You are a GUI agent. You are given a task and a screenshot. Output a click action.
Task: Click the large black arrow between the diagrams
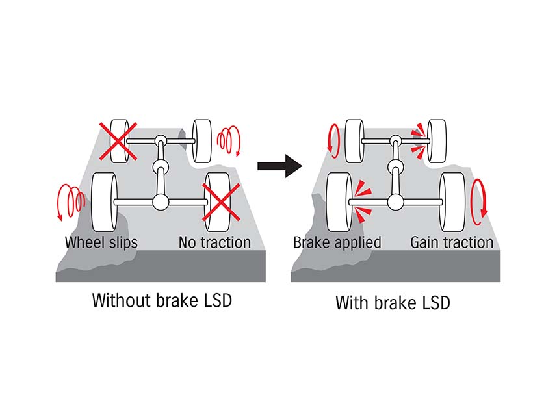click(280, 166)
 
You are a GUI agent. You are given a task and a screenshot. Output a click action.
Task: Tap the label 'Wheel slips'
click(101, 242)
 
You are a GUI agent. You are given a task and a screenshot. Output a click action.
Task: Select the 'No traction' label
click(214, 242)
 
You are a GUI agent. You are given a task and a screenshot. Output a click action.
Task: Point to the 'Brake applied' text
click(337, 242)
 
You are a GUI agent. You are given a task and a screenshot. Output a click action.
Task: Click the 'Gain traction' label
click(452, 242)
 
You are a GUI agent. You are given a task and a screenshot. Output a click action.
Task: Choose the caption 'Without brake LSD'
click(162, 300)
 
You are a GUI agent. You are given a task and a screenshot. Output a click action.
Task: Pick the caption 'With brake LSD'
click(393, 303)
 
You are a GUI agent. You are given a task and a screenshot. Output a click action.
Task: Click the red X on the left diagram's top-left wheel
click(118, 141)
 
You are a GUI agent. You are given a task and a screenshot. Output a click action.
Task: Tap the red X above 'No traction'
click(221, 203)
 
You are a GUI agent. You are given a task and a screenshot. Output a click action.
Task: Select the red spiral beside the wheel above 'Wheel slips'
click(71, 201)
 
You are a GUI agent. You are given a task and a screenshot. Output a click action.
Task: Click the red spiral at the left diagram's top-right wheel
click(229, 140)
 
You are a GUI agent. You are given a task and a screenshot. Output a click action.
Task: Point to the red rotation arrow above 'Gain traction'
click(478, 198)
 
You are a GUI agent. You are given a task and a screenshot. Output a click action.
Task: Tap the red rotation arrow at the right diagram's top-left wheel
click(334, 141)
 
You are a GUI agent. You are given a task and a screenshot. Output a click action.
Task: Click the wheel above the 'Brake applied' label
click(339, 202)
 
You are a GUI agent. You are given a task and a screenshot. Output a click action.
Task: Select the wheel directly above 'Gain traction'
click(452, 202)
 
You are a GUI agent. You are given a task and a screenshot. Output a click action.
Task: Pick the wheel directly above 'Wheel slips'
click(104, 202)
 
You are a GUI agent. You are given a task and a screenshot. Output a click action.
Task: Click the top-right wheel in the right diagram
click(436, 141)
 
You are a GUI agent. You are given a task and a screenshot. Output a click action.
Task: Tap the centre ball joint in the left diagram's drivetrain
click(161, 166)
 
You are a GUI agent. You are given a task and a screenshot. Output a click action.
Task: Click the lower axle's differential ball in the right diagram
click(395, 202)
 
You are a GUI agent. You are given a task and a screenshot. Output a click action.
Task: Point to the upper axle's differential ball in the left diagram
click(161, 140)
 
